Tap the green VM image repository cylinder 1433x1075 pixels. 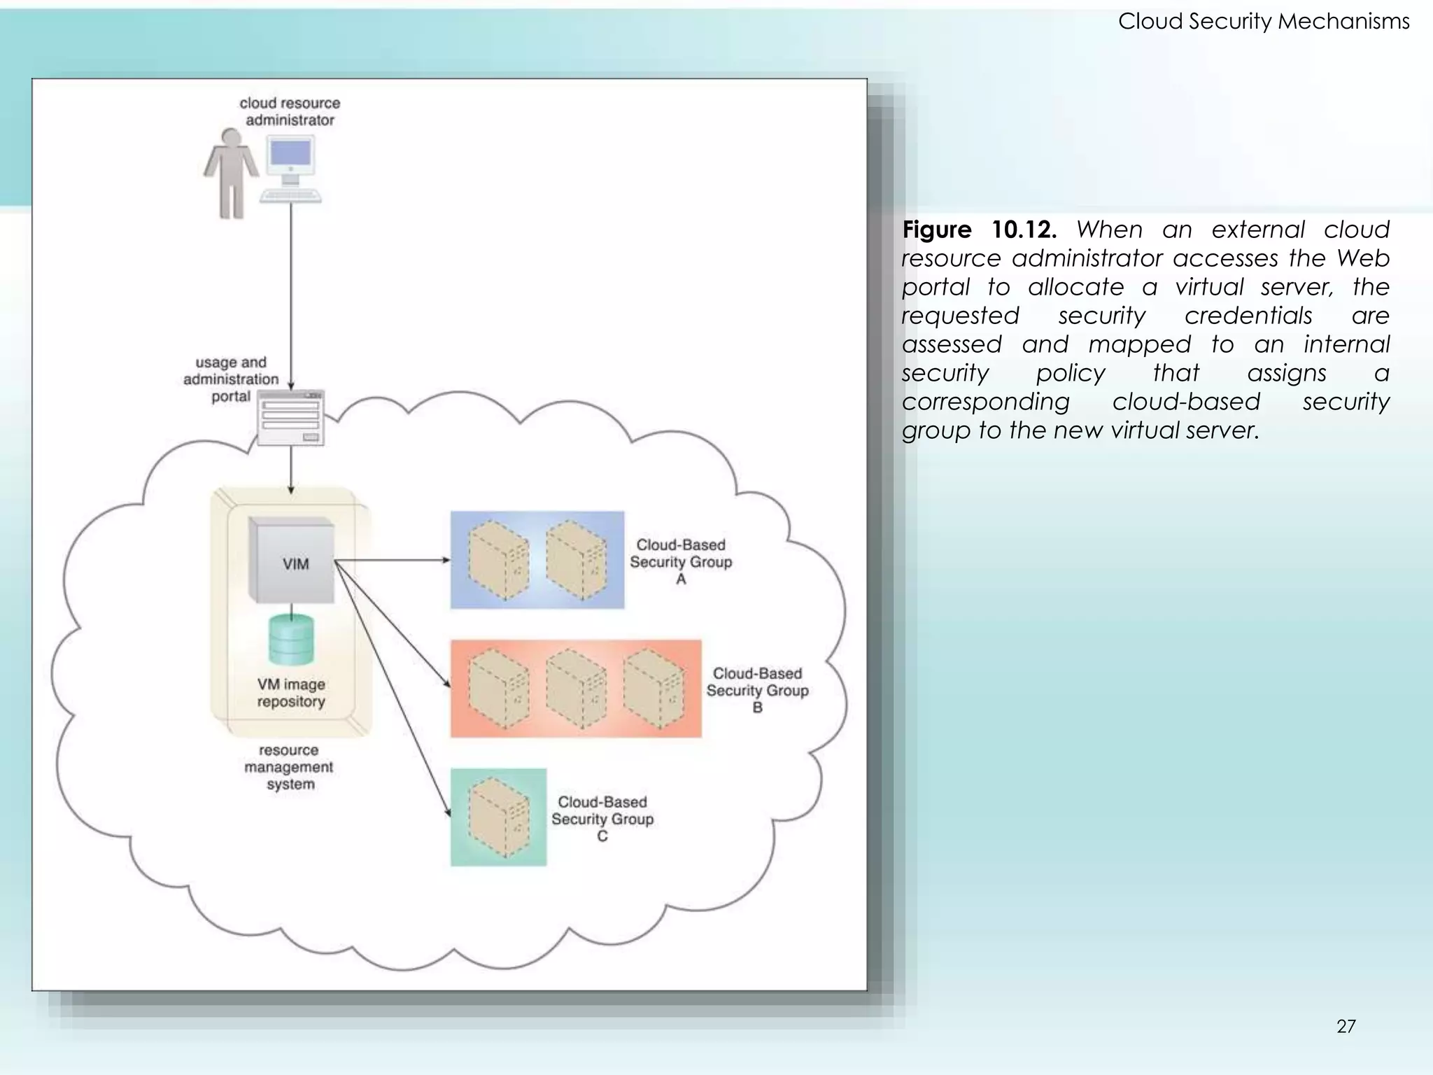click(291, 640)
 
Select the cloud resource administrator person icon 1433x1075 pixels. click(230, 173)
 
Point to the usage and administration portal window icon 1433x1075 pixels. click(291, 418)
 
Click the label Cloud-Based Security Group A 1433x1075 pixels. click(680, 561)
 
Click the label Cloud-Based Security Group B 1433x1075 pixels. click(757, 690)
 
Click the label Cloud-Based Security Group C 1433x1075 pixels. click(602, 819)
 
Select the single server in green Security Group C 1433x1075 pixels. click(498, 817)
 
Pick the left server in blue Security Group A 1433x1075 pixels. click(498, 560)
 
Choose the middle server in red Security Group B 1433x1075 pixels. click(575, 689)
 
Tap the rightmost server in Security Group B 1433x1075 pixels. click(653, 689)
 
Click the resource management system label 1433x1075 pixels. click(289, 767)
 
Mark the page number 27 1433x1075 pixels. click(1346, 1026)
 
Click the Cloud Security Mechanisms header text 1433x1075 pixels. click(1263, 22)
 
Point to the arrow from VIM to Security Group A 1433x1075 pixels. click(392, 560)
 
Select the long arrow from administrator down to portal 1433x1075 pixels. click(291, 294)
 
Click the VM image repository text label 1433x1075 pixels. click(291, 693)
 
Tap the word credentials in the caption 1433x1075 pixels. click(1248, 316)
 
